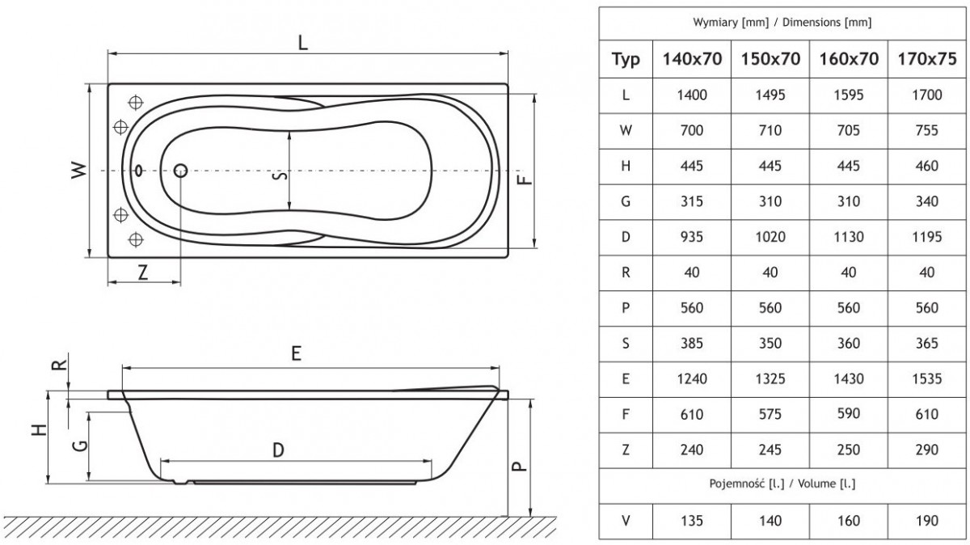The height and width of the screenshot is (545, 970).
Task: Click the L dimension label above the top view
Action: tap(302, 43)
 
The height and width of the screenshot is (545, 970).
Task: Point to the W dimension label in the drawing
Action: tap(77, 171)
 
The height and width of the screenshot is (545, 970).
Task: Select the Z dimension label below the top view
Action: tap(143, 272)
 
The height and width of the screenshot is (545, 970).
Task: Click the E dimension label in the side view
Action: tap(297, 353)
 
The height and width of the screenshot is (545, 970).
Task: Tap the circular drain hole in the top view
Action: tap(180, 171)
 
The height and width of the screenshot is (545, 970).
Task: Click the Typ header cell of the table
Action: tap(626, 59)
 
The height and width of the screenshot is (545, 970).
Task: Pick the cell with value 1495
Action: tap(770, 95)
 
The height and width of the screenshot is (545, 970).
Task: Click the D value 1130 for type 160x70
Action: tap(848, 237)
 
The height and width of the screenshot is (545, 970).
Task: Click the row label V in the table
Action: tap(626, 521)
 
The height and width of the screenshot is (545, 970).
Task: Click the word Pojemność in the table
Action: tap(732, 484)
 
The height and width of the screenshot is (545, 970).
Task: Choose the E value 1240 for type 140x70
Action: tap(691, 378)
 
